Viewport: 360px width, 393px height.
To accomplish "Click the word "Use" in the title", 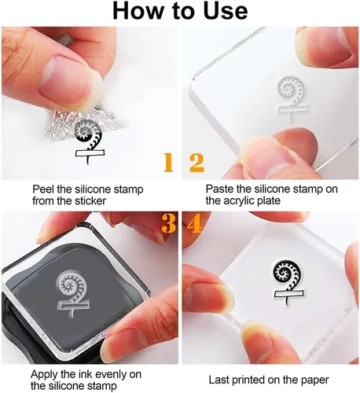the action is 226,11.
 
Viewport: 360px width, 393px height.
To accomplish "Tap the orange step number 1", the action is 168,163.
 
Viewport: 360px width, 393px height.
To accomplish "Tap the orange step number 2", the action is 197,163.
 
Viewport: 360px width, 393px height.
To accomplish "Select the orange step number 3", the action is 168,223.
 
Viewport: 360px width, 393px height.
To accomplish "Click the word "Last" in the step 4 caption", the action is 219,380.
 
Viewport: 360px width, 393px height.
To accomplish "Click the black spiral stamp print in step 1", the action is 90,141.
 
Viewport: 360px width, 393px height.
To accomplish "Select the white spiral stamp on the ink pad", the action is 72,294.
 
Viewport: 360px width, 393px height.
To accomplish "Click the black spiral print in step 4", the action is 288,283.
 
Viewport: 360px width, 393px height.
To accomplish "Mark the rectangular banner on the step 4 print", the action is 288,293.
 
